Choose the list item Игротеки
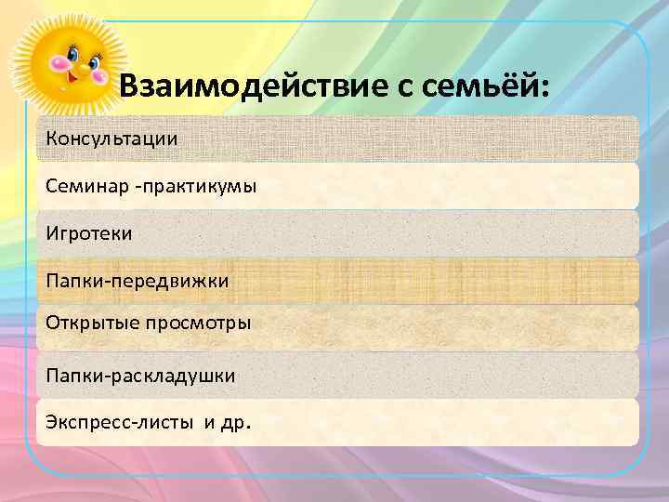point(89,233)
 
